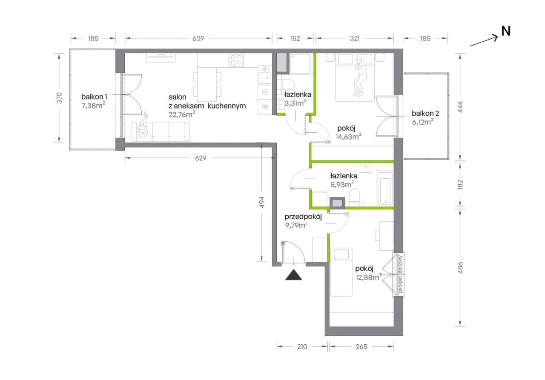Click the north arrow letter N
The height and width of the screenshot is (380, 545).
pyautogui.click(x=506, y=31)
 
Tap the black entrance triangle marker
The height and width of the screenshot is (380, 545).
pyautogui.click(x=294, y=275)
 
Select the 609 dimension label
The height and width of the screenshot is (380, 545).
pyautogui.click(x=198, y=38)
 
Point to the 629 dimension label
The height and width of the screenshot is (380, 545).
pyautogui.click(x=201, y=158)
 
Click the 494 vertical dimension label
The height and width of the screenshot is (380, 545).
pyautogui.click(x=261, y=202)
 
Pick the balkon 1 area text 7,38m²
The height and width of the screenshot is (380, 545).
pyautogui.click(x=93, y=106)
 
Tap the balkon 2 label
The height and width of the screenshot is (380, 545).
pyautogui.click(x=425, y=113)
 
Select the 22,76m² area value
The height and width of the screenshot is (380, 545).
pyautogui.click(x=182, y=114)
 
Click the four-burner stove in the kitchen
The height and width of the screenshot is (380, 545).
pyautogui.click(x=236, y=60)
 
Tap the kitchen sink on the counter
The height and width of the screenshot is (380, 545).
pyautogui.click(x=265, y=75)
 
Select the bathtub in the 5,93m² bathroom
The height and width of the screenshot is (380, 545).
pyautogui.click(x=385, y=189)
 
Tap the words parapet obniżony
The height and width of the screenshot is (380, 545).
pyautogui.click(x=401, y=274)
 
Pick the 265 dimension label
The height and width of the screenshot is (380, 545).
pyautogui.click(x=361, y=347)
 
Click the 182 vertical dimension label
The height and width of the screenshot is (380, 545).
pyautogui.click(x=460, y=185)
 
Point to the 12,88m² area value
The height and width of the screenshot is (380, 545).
pyautogui.click(x=368, y=277)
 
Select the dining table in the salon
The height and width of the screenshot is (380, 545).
pyautogui.click(x=207, y=84)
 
